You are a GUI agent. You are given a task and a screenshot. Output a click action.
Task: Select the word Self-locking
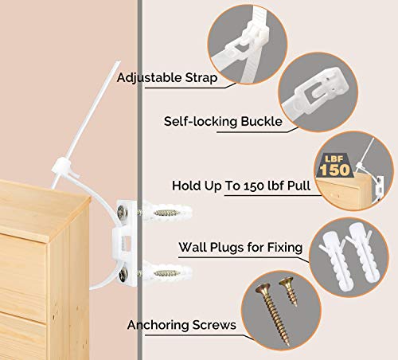click(x=201, y=122)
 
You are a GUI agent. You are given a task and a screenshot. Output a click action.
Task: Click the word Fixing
click(x=283, y=248)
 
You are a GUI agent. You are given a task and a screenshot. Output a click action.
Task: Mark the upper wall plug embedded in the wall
click(x=166, y=213)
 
